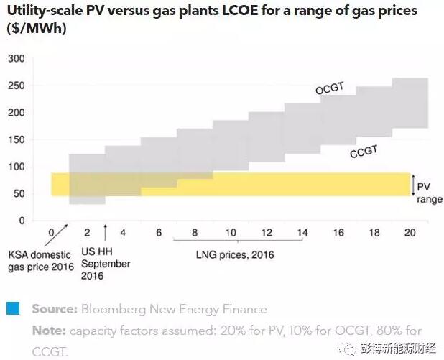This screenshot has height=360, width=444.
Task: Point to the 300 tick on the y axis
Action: pos(16,59)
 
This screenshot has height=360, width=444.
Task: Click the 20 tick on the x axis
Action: pos(409,233)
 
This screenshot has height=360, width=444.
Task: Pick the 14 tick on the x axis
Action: pos(302,233)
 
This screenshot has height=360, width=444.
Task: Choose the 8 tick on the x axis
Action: pos(194,233)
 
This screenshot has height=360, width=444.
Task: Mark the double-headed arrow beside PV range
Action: pos(413,185)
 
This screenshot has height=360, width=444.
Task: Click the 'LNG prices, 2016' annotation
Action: pos(235,254)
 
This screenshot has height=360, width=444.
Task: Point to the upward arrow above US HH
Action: pos(106,232)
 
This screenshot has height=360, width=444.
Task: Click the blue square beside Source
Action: pos(13,309)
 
